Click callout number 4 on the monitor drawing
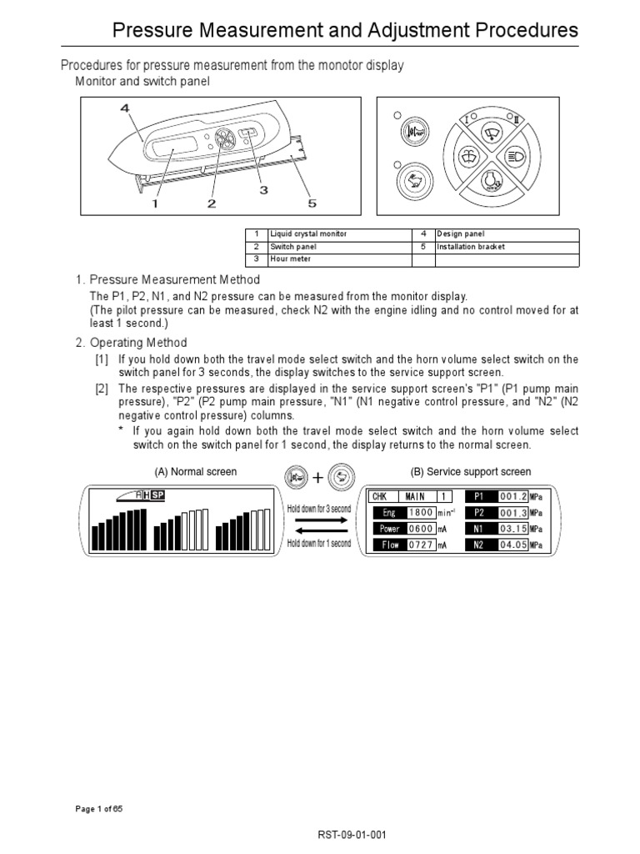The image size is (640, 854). (x=124, y=108)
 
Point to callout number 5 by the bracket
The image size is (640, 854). (x=312, y=203)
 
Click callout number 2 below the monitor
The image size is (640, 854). (x=212, y=203)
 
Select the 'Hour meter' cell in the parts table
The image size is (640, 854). (x=338, y=259)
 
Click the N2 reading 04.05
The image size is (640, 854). (x=512, y=545)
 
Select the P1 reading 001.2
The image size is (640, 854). (x=512, y=496)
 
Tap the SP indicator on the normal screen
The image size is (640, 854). (x=157, y=495)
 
